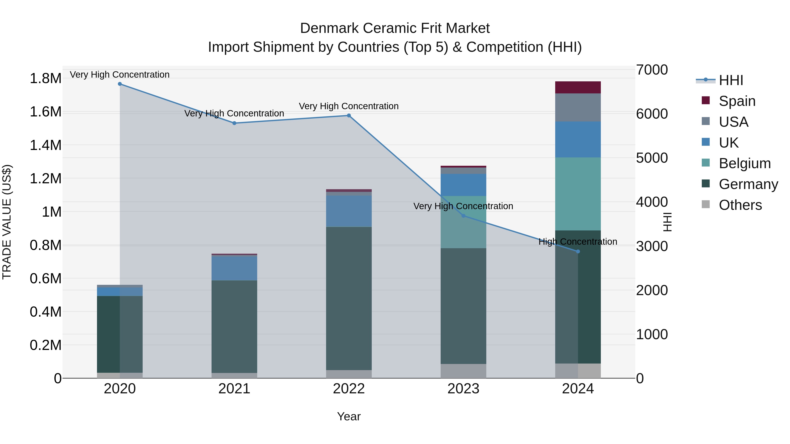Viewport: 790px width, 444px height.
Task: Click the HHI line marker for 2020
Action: point(120,84)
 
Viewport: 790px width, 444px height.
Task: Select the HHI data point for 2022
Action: point(349,116)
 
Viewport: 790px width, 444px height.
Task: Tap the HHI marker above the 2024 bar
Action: point(578,251)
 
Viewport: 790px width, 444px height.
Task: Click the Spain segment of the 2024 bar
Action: point(578,87)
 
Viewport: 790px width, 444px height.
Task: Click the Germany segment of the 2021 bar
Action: point(234,326)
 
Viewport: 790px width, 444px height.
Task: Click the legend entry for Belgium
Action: point(745,163)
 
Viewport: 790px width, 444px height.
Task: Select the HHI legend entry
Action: point(731,80)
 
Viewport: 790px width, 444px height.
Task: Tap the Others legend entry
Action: point(740,205)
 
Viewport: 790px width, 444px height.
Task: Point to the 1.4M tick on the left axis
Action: point(45,145)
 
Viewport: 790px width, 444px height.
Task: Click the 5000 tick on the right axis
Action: point(652,158)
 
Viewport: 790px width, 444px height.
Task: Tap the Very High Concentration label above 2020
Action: point(120,75)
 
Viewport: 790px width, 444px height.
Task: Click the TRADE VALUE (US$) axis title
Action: point(7,222)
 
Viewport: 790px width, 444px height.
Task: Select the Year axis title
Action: point(349,416)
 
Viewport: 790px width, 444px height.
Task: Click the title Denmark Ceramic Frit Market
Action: point(395,28)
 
